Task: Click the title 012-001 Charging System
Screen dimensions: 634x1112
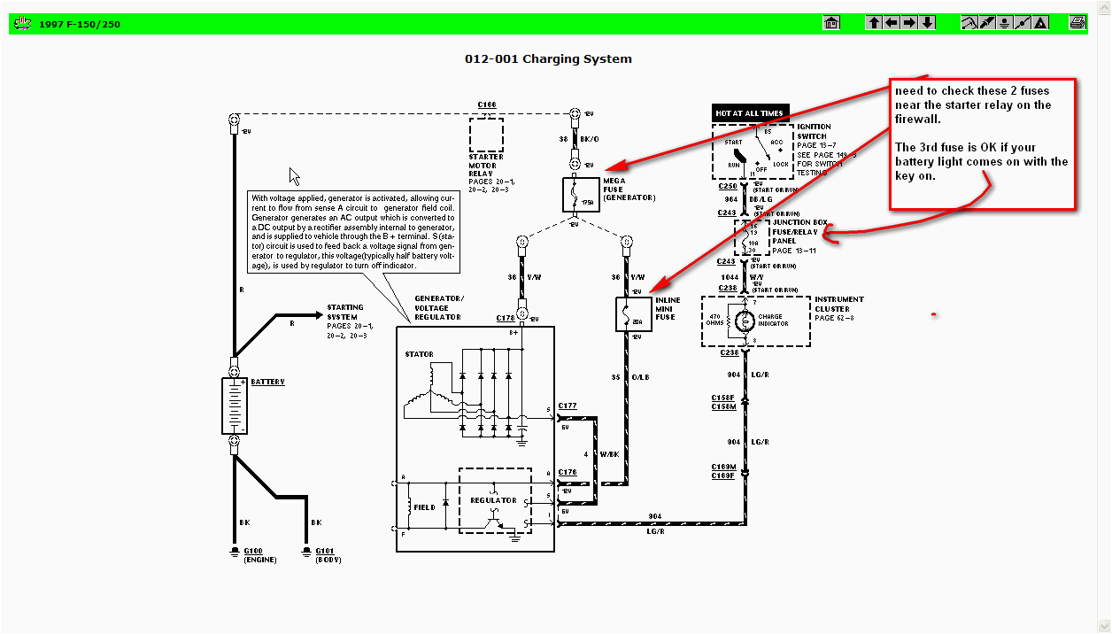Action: click(x=548, y=59)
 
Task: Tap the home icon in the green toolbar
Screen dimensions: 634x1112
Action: click(x=831, y=23)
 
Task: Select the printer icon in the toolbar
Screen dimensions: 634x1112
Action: click(x=1077, y=23)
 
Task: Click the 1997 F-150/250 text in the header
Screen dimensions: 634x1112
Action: click(x=80, y=24)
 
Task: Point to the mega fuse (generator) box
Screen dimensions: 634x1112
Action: click(x=581, y=194)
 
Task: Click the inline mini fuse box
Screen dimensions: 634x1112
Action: click(x=633, y=314)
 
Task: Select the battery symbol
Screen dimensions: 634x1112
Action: click(x=234, y=406)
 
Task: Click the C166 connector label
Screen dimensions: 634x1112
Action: click(x=487, y=105)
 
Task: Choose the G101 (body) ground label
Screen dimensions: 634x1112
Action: click(x=322, y=555)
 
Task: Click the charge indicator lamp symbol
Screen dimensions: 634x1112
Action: click(x=740, y=321)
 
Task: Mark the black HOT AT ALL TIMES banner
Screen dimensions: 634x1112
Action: click(x=749, y=113)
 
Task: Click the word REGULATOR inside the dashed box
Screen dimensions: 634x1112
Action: click(x=492, y=500)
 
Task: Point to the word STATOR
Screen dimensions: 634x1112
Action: click(x=419, y=354)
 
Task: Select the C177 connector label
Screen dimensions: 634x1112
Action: click(x=568, y=406)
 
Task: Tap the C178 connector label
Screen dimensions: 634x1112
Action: click(x=506, y=317)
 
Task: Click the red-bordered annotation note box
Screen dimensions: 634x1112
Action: click(x=982, y=144)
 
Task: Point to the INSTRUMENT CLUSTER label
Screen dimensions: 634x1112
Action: click(x=838, y=305)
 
